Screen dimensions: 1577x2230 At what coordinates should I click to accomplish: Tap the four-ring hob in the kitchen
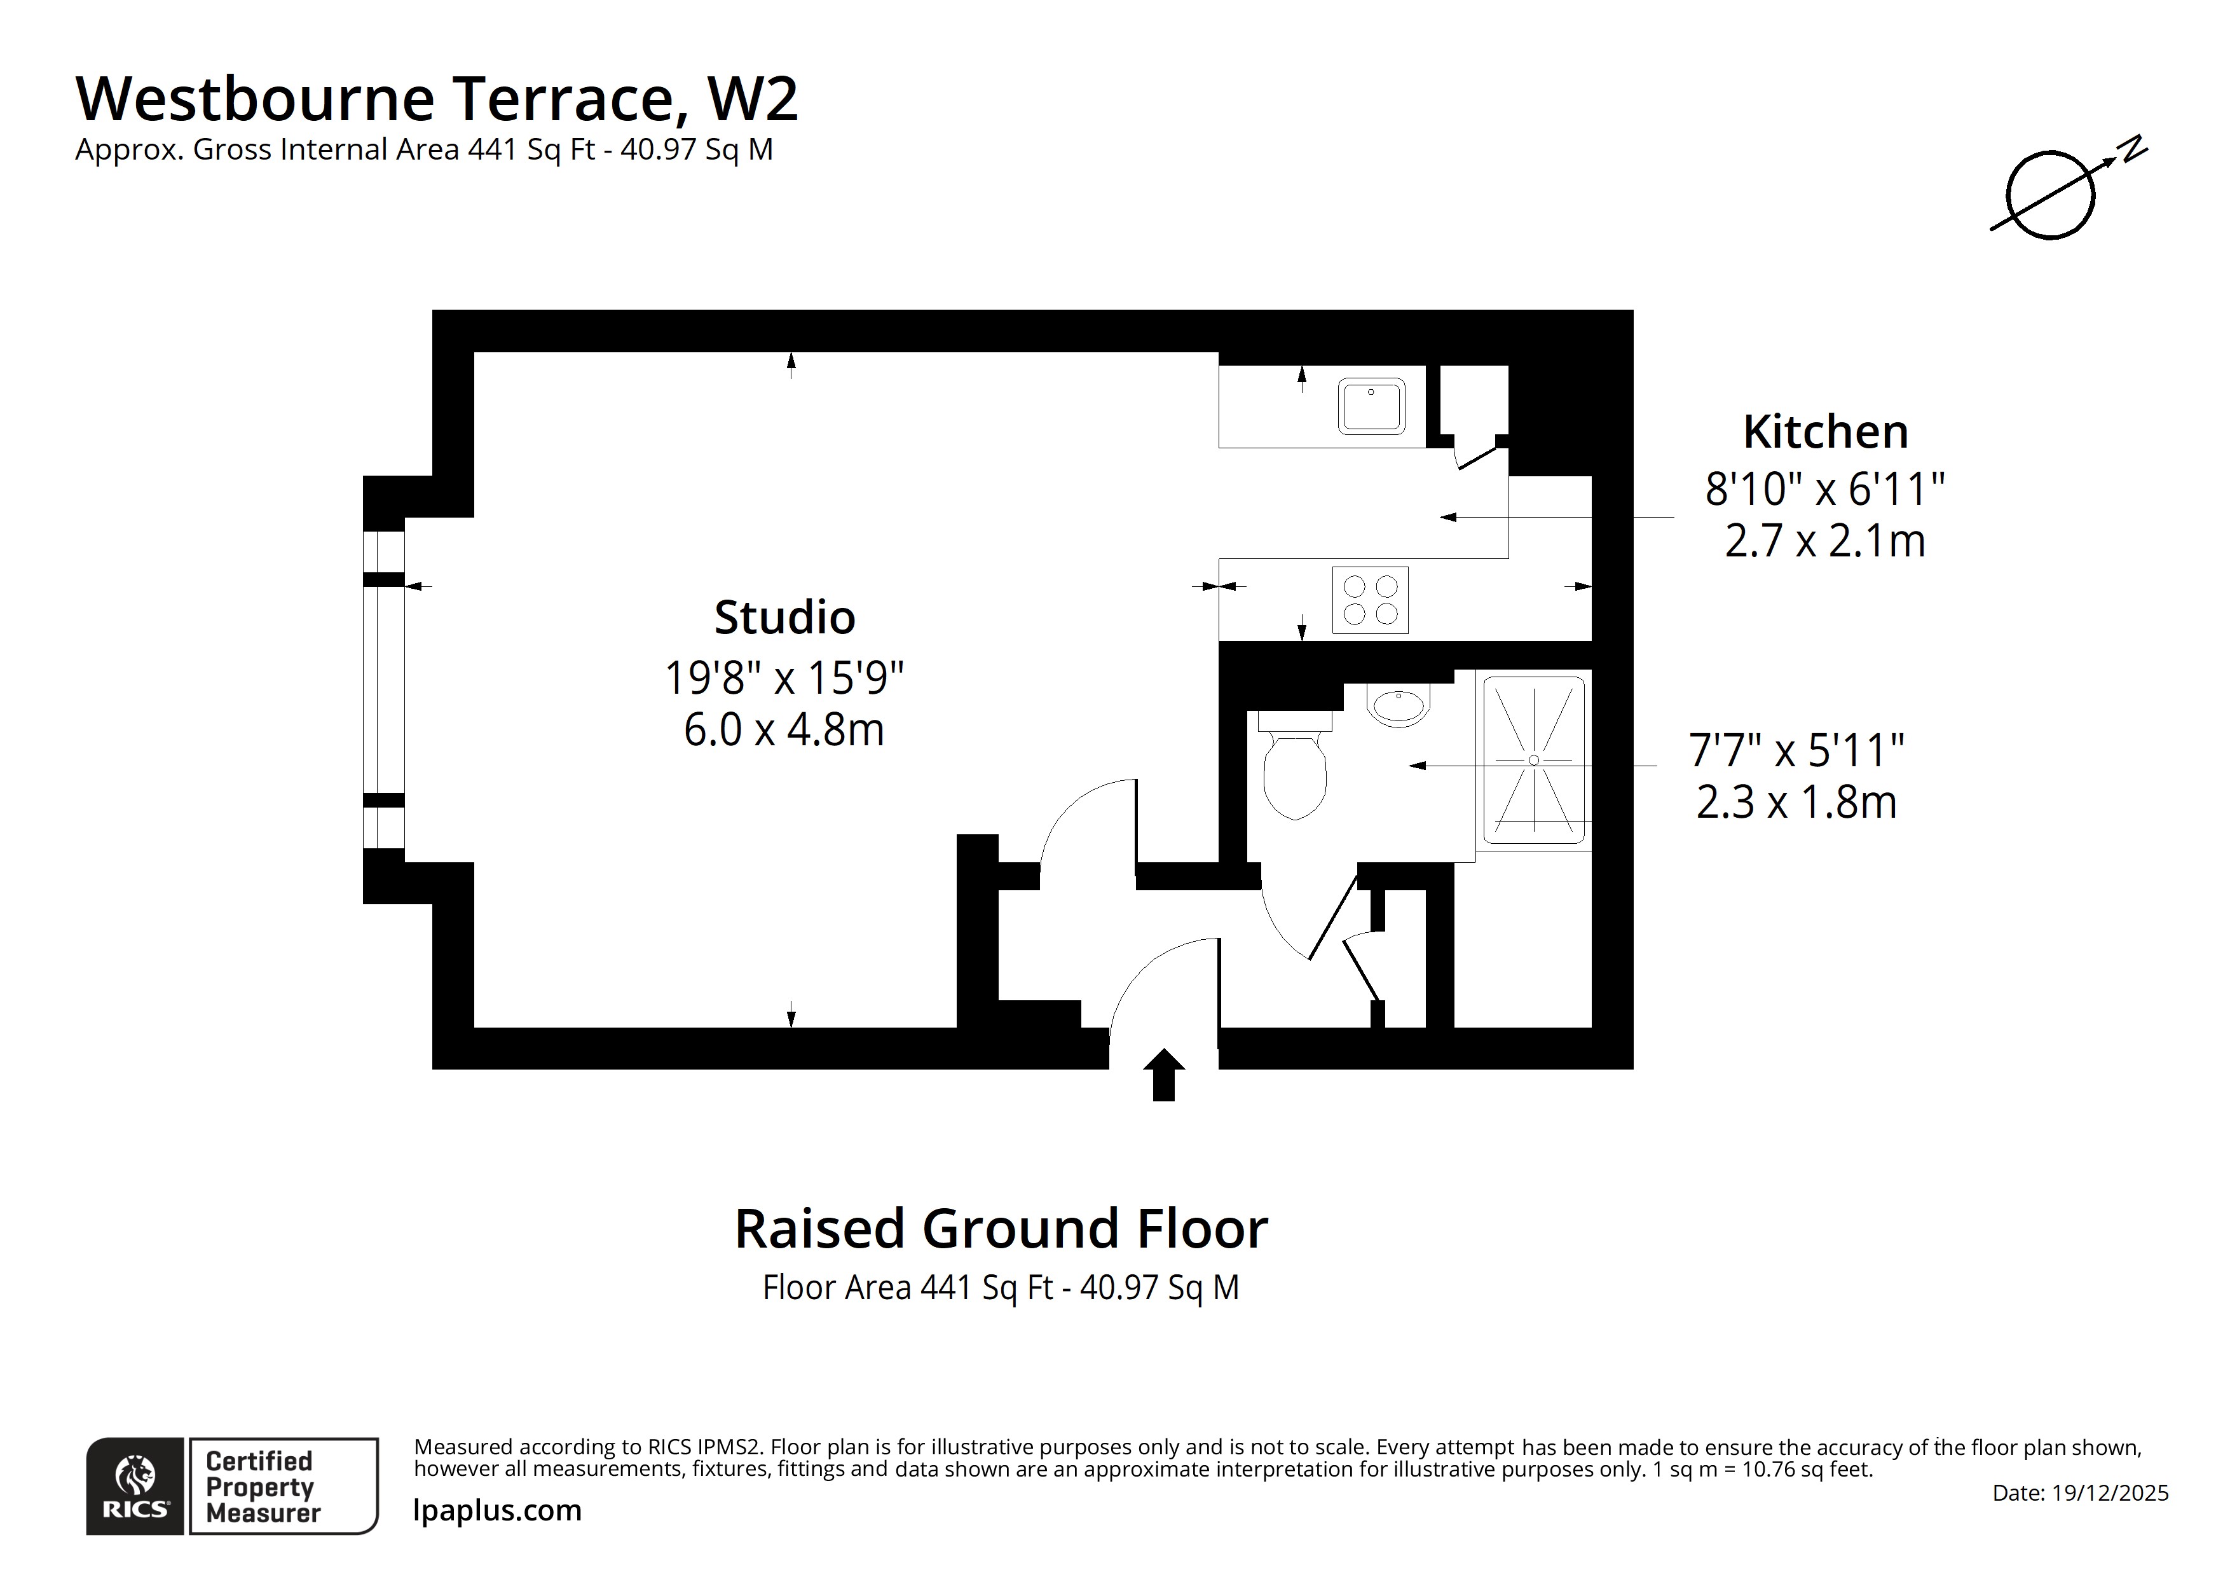click(1369, 600)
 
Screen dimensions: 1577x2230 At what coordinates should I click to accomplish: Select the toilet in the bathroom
click(1295, 773)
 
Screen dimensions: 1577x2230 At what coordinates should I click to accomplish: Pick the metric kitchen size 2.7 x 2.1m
click(1825, 541)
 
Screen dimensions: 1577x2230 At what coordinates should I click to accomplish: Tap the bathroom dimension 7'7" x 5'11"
click(1796, 750)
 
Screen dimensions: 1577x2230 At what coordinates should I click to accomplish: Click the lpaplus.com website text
click(497, 1511)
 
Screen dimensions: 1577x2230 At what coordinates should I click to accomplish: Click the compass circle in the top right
click(2050, 195)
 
